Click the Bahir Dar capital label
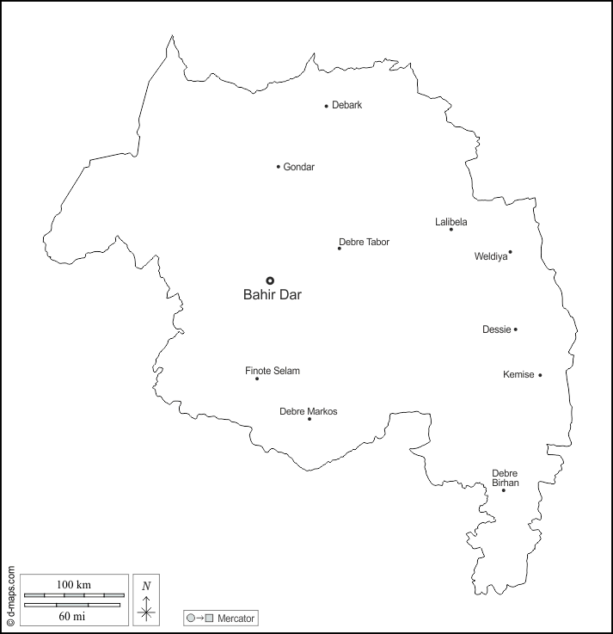[273, 295]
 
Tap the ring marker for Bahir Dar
[270, 280]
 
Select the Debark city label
[347, 105]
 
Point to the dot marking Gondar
[279, 167]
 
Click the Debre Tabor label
[364, 242]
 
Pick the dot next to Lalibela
[451, 229]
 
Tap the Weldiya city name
[490, 255]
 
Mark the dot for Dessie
[516, 329]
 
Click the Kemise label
[518, 374]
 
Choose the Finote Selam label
[273, 371]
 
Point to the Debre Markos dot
[310, 419]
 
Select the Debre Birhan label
[505, 478]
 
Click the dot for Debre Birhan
[504, 490]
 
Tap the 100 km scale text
[74, 585]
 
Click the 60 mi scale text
[74, 615]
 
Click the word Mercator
[236, 619]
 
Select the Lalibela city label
[451, 222]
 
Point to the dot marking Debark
[327, 107]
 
